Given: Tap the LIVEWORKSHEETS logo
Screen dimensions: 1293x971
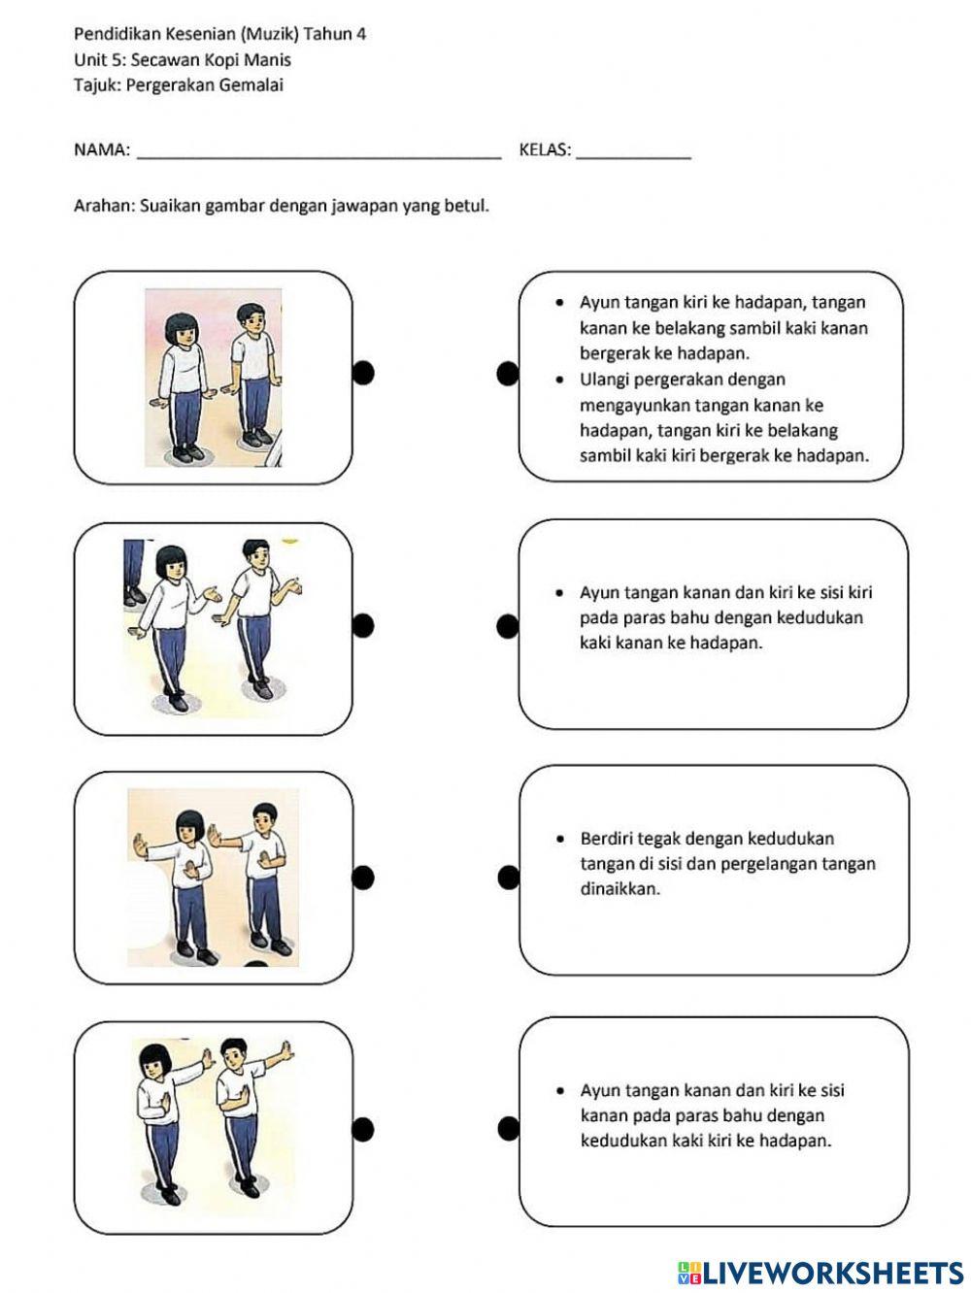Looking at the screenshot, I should point(820,1273).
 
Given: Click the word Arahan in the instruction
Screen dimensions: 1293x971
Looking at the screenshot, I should point(103,206).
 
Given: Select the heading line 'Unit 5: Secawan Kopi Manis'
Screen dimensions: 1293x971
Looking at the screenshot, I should point(183,59).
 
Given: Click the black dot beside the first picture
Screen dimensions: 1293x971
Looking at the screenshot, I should point(363,373).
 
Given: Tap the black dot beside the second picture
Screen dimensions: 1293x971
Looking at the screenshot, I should point(363,626).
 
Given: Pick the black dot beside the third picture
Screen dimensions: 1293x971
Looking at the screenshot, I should point(363,878).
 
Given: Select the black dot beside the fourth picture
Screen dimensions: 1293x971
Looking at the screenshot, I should point(363,1129).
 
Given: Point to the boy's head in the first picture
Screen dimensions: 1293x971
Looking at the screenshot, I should point(251,317).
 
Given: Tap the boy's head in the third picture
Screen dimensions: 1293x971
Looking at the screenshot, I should point(264,817).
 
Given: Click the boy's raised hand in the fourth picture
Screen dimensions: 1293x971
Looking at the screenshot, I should point(285,1051).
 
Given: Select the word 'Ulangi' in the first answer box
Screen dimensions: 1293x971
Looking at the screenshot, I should point(606,380).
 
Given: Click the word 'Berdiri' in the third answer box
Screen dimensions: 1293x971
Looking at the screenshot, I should point(608,839).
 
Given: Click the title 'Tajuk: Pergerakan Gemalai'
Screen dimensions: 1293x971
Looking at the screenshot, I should point(179,84).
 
